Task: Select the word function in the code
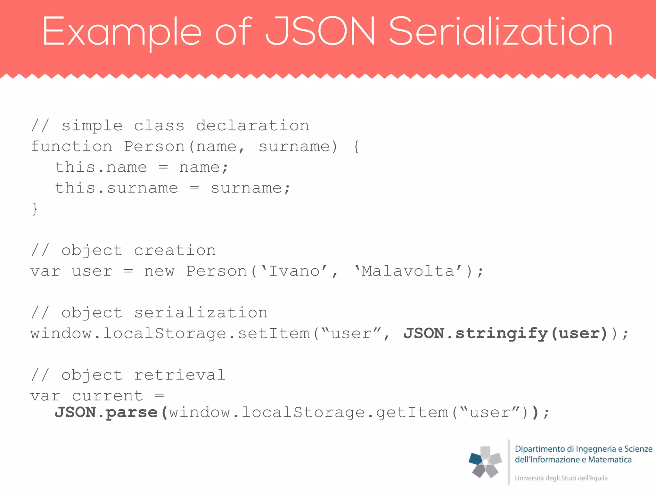click(71, 147)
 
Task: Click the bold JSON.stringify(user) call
click(505, 334)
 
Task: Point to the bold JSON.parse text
click(107, 413)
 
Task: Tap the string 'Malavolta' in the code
click(408, 271)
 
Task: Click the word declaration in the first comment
click(252, 126)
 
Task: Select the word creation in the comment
click(175, 250)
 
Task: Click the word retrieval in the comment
click(180, 375)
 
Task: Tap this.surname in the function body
click(116, 188)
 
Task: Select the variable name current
click(107, 396)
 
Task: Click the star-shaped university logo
click(485, 462)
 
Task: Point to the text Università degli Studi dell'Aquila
click(561, 478)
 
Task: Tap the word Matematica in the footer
click(610, 460)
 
